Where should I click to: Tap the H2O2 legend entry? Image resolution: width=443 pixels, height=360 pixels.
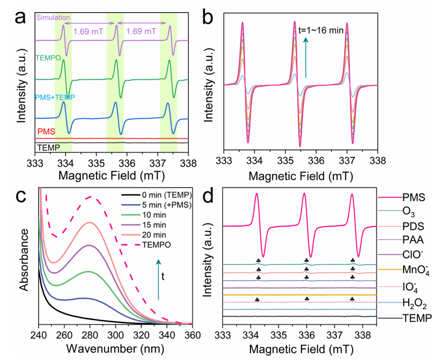[x=414, y=303]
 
